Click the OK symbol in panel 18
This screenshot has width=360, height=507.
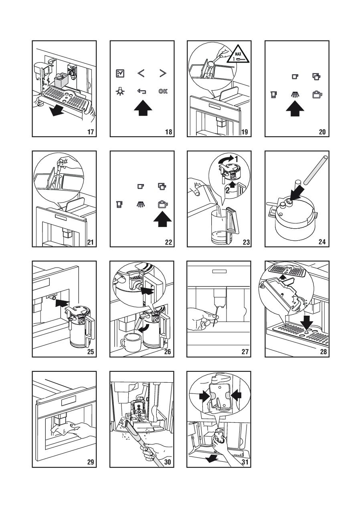click(163, 91)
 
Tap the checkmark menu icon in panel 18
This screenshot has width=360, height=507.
click(120, 73)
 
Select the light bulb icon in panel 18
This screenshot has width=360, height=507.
click(120, 91)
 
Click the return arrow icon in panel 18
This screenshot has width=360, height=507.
click(142, 91)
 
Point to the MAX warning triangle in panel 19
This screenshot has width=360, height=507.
click(238, 54)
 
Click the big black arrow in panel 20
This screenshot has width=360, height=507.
click(295, 108)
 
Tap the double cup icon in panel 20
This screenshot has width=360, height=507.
click(316, 77)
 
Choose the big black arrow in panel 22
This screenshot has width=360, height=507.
click(162, 219)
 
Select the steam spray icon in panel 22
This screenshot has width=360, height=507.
click(141, 204)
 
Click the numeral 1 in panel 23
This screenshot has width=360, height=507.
click(236, 159)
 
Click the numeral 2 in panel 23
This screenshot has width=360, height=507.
click(227, 191)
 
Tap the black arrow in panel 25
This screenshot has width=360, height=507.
click(62, 303)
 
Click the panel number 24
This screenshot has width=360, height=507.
click(322, 242)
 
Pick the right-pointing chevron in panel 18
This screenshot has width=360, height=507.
click(163, 73)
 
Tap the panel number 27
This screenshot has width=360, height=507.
click(245, 352)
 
